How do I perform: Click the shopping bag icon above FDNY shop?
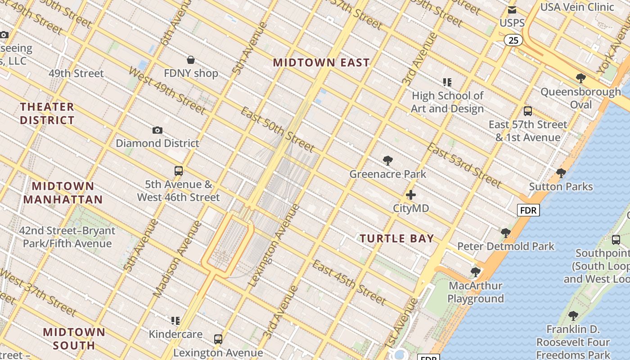coord(191,60)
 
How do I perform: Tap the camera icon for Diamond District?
coord(157,130)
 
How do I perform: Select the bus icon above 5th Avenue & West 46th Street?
coord(179,171)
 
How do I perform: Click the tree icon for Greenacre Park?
coord(387,161)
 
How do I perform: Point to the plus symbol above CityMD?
coord(411,195)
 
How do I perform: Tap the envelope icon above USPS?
coord(512,10)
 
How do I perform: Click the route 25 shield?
coord(513,40)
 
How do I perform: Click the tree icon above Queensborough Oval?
coord(581,78)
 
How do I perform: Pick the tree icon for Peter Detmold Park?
coord(506,233)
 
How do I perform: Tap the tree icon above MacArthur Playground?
coord(475,272)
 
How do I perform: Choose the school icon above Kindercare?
coord(175,321)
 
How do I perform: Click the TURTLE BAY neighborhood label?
coord(396,238)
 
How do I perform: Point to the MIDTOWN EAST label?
coord(321,63)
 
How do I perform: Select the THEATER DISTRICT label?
coord(47,113)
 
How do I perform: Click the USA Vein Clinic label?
coord(577,7)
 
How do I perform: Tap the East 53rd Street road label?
coord(463,165)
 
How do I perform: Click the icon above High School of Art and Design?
coord(447,82)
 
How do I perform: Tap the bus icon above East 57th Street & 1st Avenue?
coord(528,111)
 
